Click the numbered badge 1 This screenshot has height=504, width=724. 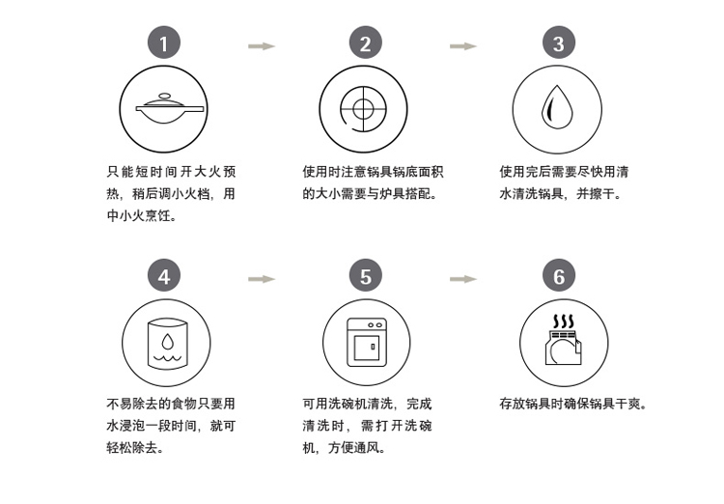(x=164, y=42)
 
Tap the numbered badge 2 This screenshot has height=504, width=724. (x=366, y=42)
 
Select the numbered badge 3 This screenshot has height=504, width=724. (x=559, y=42)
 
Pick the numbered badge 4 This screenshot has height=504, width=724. (x=164, y=275)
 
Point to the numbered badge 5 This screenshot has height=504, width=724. (x=366, y=275)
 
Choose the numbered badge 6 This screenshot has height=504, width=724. (x=559, y=275)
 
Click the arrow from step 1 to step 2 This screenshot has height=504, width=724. (x=262, y=45)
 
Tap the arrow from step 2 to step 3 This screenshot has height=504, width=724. (x=463, y=45)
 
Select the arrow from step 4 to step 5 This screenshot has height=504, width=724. (x=262, y=279)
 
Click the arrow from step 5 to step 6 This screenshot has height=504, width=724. (x=463, y=279)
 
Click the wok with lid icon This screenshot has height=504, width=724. (x=170, y=108)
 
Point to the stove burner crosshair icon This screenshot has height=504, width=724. (x=363, y=109)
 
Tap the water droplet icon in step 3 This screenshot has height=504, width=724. (x=557, y=107)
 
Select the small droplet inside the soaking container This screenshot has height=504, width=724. (x=168, y=341)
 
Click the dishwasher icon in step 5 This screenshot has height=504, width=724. (x=367, y=343)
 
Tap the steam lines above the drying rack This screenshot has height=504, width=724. (x=564, y=322)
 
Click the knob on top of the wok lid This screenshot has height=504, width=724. (x=164, y=97)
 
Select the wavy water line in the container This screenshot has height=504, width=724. (x=168, y=357)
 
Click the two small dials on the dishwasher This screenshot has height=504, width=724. (x=375, y=325)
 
